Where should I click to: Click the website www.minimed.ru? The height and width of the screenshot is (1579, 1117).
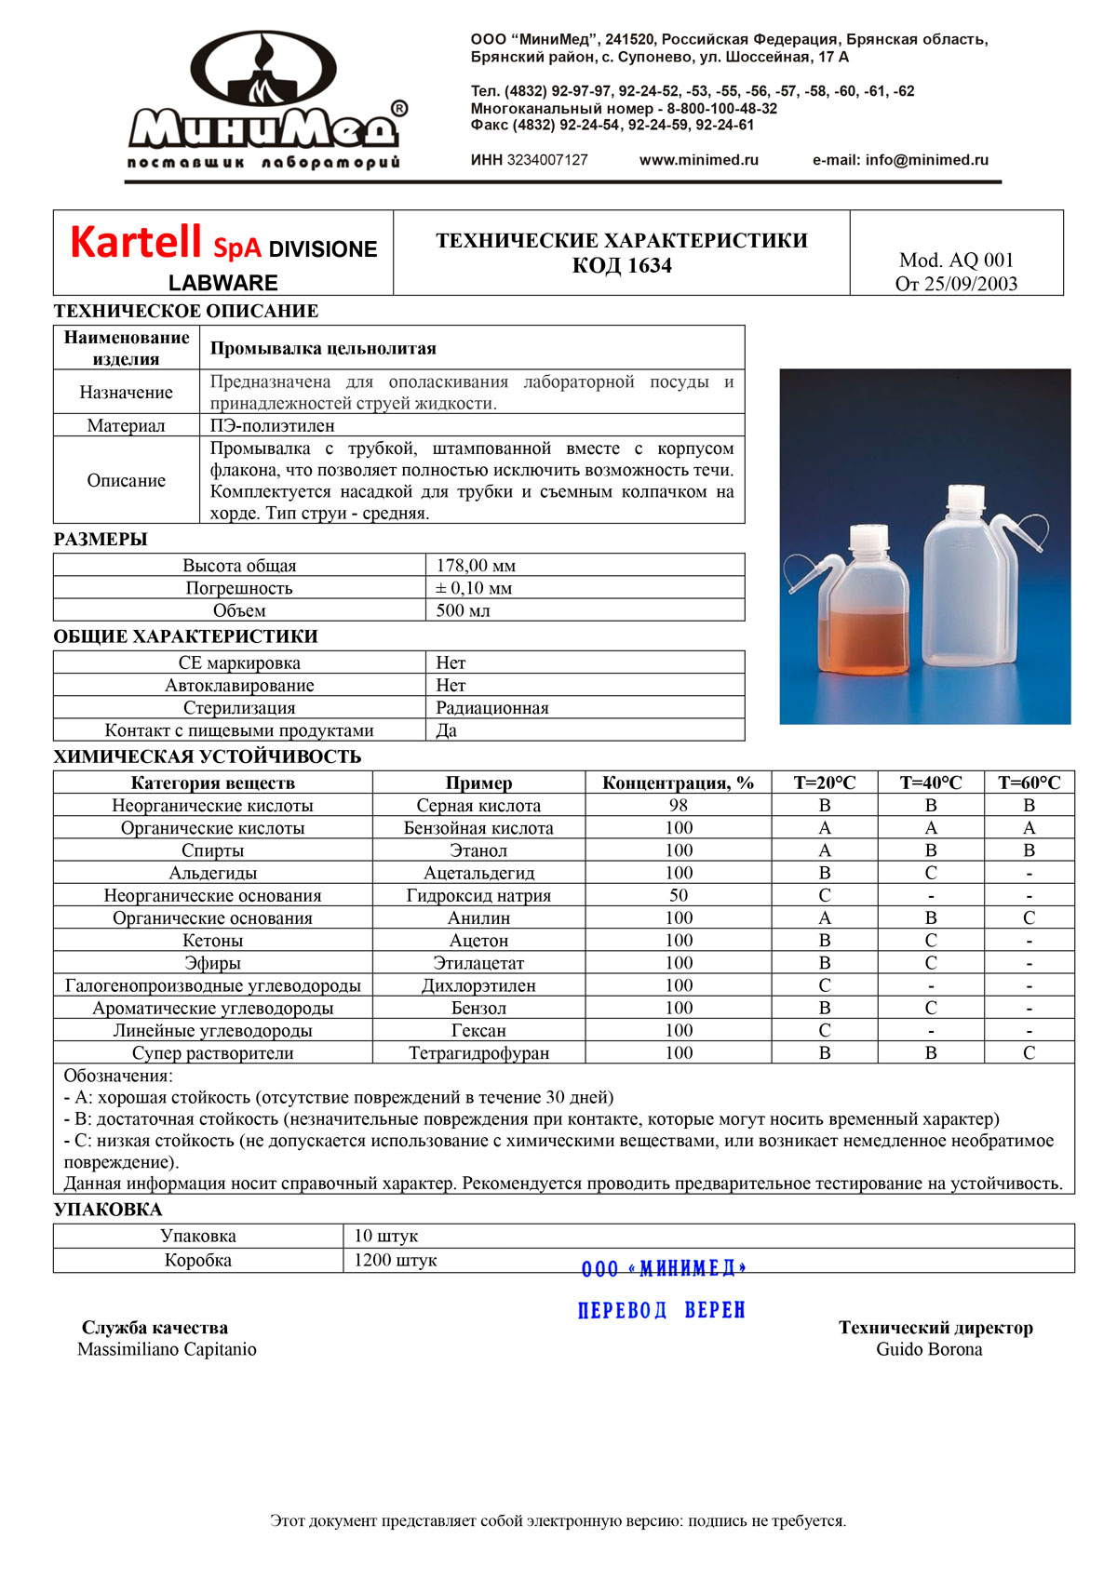tap(698, 160)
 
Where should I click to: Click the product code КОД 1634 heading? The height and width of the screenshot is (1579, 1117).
tap(621, 266)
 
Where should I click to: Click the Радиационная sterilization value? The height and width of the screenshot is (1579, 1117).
tap(492, 708)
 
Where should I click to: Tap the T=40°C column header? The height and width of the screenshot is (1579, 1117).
tap(930, 783)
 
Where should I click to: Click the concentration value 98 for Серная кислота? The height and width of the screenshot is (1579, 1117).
tap(679, 806)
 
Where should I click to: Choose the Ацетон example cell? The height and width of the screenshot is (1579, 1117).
tap(478, 941)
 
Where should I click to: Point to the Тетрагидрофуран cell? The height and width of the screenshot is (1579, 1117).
tap(478, 1053)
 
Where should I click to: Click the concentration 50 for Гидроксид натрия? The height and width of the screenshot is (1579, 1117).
tap(679, 895)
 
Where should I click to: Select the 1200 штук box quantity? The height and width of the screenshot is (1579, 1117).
tap(395, 1261)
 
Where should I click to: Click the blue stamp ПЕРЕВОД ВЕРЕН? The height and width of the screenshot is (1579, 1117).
tap(662, 1310)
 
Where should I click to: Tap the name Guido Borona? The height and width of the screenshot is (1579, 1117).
tap(929, 1349)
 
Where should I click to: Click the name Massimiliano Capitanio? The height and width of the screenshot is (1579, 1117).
tap(167, 1349)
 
